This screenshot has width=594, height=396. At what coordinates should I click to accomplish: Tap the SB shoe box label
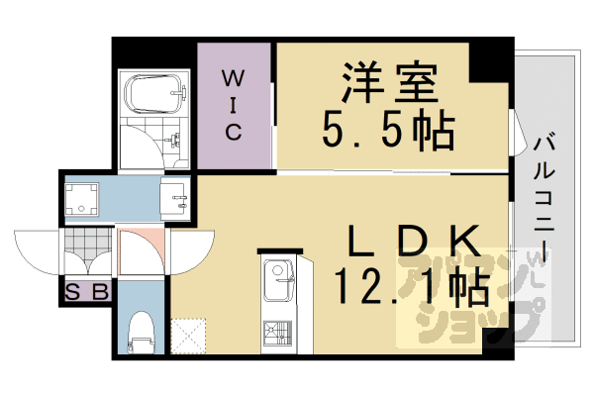click(x=87, y=293)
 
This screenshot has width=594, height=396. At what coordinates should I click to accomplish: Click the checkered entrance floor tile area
click(x=87, y=247)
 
